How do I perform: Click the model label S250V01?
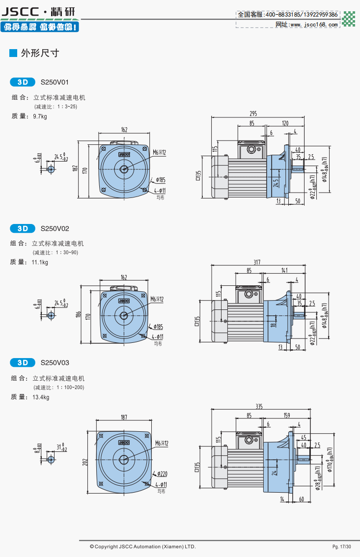(55, 82)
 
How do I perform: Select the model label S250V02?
(55, 228)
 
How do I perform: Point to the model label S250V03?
(55, 363)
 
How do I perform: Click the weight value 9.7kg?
(40, 116)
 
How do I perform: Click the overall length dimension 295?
(253, 113)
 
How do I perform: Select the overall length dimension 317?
(257, 261)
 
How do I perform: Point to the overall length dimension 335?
(259, 406)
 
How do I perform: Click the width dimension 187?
(124, 417)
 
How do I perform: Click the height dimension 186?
(78, 314)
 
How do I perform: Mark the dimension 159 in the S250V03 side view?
(286, 416)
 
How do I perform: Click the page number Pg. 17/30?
(342, 547)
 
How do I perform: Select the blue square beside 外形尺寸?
(13, 53)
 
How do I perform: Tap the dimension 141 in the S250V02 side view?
(285, 270)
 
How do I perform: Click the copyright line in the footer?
(142, 547)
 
